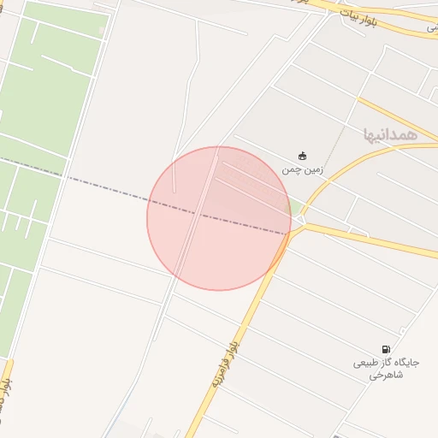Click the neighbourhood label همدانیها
pyautogui.click(x=389, y=134)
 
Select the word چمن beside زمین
pyautogui.click(x=291, y=169)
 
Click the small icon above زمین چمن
pyautogui.click(x=302, y=156)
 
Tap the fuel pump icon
pyautogui.click(x=388, y=349)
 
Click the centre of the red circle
pyautogui.click(x=219, y=218)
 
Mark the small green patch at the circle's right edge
pyautogui.click(x=294, y=207)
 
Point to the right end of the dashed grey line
pyautogui.click(x=288, y=233)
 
